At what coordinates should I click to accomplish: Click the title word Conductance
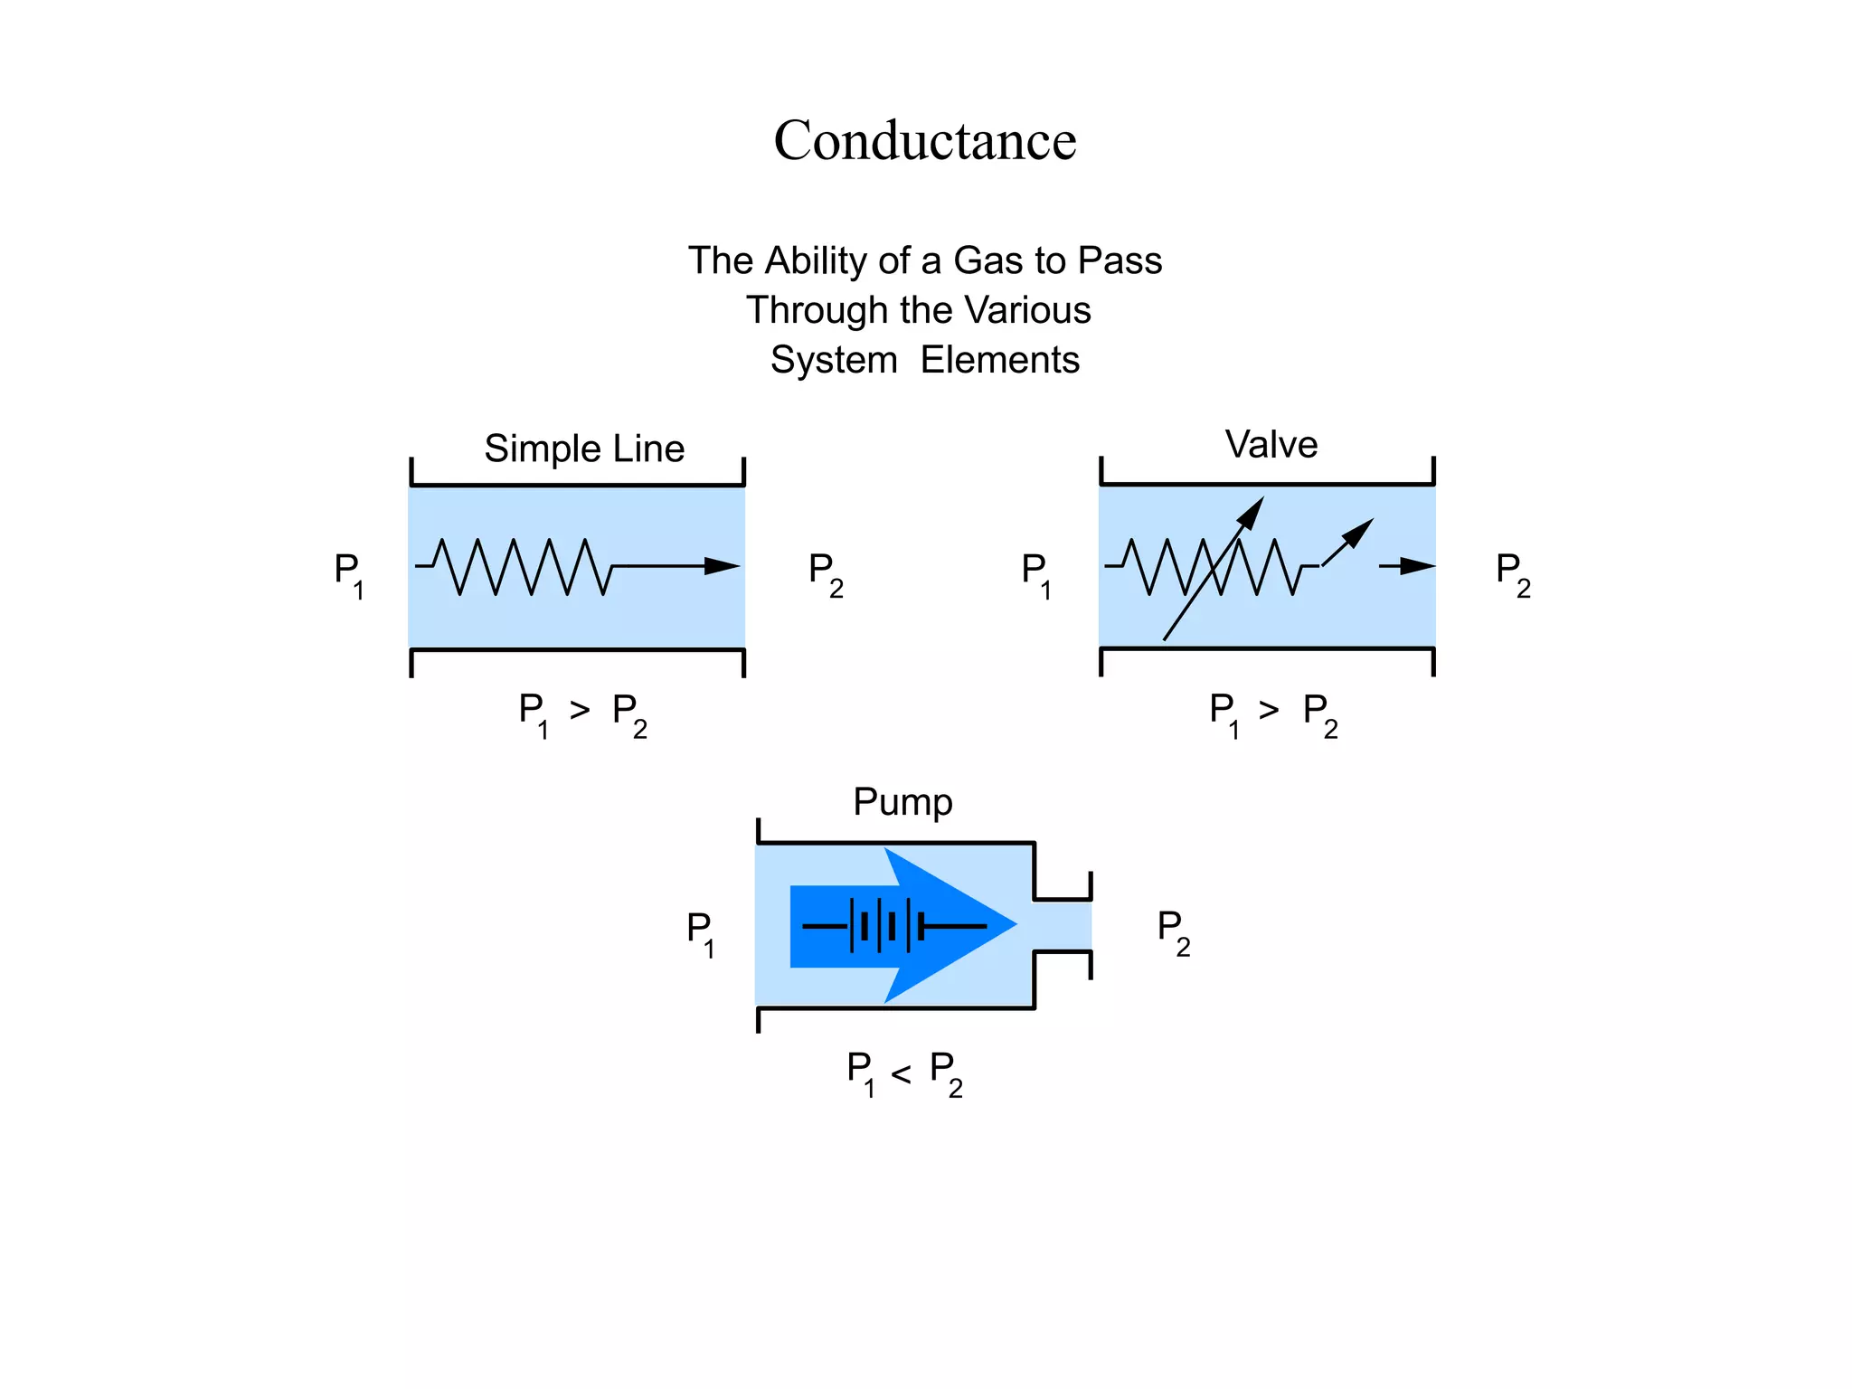coord(924,141)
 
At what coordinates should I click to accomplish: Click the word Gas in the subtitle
coord(988,261)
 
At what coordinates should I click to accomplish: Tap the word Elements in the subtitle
coord(999,360)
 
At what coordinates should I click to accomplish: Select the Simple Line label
coord(584,449)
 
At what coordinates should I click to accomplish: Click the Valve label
coord(1271,445)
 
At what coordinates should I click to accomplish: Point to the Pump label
coord(902,802)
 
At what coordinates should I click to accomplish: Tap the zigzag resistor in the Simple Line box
coord(514,567)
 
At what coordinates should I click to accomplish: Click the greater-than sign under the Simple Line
coord(580,711)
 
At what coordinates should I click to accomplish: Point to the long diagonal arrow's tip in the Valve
coord(1254,508)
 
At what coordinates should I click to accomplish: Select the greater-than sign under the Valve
coord(1270,711)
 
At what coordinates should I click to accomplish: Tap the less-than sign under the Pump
coord(901,1073)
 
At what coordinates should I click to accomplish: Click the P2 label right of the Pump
coord(1173,931)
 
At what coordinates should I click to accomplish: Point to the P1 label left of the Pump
coord(700,931)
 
